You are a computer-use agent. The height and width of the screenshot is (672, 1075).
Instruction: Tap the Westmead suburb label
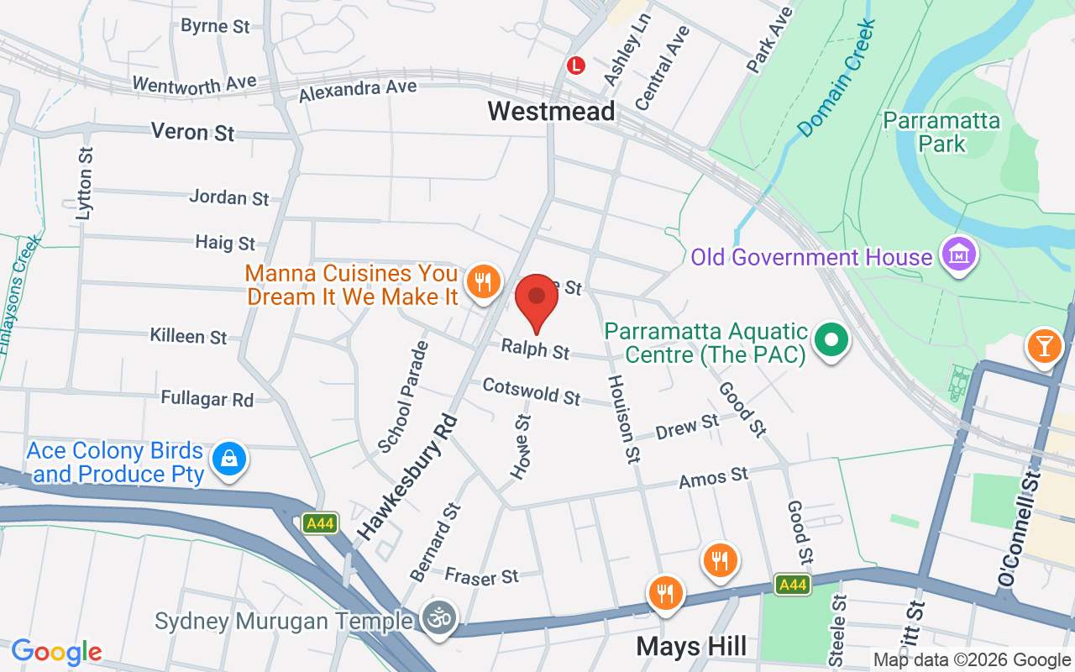tap(551, 111)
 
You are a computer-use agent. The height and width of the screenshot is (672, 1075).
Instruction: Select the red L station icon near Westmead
tap(575, 65)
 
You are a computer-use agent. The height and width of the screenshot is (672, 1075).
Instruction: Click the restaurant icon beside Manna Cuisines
tap(482, 282)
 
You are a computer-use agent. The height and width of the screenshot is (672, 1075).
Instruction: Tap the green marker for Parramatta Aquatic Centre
tap(831, 342)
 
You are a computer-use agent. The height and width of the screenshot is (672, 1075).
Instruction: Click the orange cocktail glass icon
tap(1044, 347)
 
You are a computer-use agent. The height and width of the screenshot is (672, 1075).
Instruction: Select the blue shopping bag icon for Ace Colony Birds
tap(228, 460)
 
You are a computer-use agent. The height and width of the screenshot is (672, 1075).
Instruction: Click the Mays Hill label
tap(691, 647)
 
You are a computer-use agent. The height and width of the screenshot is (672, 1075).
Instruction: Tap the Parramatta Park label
tap(941, 133)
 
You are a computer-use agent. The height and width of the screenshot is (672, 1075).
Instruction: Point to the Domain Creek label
tap(836, 79)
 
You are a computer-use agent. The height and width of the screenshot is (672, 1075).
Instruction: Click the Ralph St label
tap(535, 349)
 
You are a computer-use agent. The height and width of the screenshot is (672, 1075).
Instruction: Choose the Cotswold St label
tap(531, 391)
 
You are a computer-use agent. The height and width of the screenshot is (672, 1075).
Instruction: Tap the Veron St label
tap(192, 132)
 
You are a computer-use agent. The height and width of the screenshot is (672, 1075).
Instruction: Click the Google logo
tap(56, 653)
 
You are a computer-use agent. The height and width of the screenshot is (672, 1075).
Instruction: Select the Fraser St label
tap(481, 576)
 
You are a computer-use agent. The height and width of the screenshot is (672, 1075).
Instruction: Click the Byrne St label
tap(215, 26)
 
